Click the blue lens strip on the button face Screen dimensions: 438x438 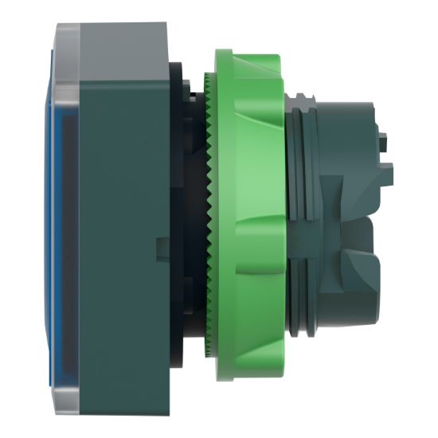[x=57, y=215]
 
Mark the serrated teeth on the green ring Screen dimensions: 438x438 [x=208, y=219]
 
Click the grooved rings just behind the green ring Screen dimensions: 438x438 [x=296, y=219]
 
